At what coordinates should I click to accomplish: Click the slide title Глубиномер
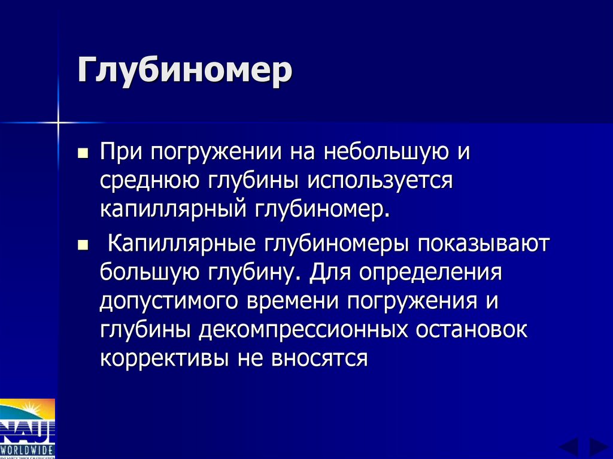pos(184,72)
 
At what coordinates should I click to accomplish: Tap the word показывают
pos(474,245)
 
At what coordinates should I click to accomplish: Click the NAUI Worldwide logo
pos(28,428)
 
